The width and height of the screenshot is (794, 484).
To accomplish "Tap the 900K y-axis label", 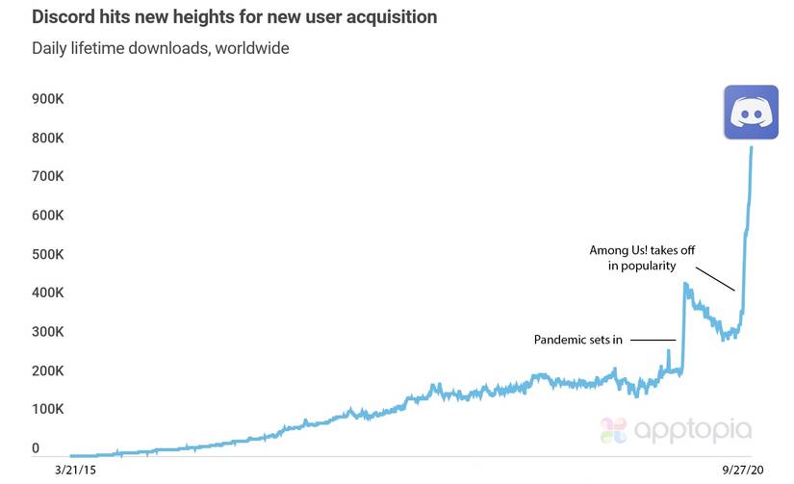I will point(47,99).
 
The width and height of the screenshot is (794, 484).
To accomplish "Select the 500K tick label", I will point(47,255).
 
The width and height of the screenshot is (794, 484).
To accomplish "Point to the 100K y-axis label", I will point(47,410).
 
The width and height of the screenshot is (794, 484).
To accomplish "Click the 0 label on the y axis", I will point(36,448).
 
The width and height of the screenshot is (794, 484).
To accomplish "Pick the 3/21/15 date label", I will point(76,472).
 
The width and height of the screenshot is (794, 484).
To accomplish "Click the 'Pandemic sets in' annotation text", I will point(578,340).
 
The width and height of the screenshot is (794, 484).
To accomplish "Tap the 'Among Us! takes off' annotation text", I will point(643,251).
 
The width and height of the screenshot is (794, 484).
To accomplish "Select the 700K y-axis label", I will point(47,177).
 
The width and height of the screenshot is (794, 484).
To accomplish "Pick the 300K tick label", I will point(47,332).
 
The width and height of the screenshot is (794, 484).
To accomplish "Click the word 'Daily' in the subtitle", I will point(50,46).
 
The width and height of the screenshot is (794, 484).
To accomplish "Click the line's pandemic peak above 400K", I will point(685,284).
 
